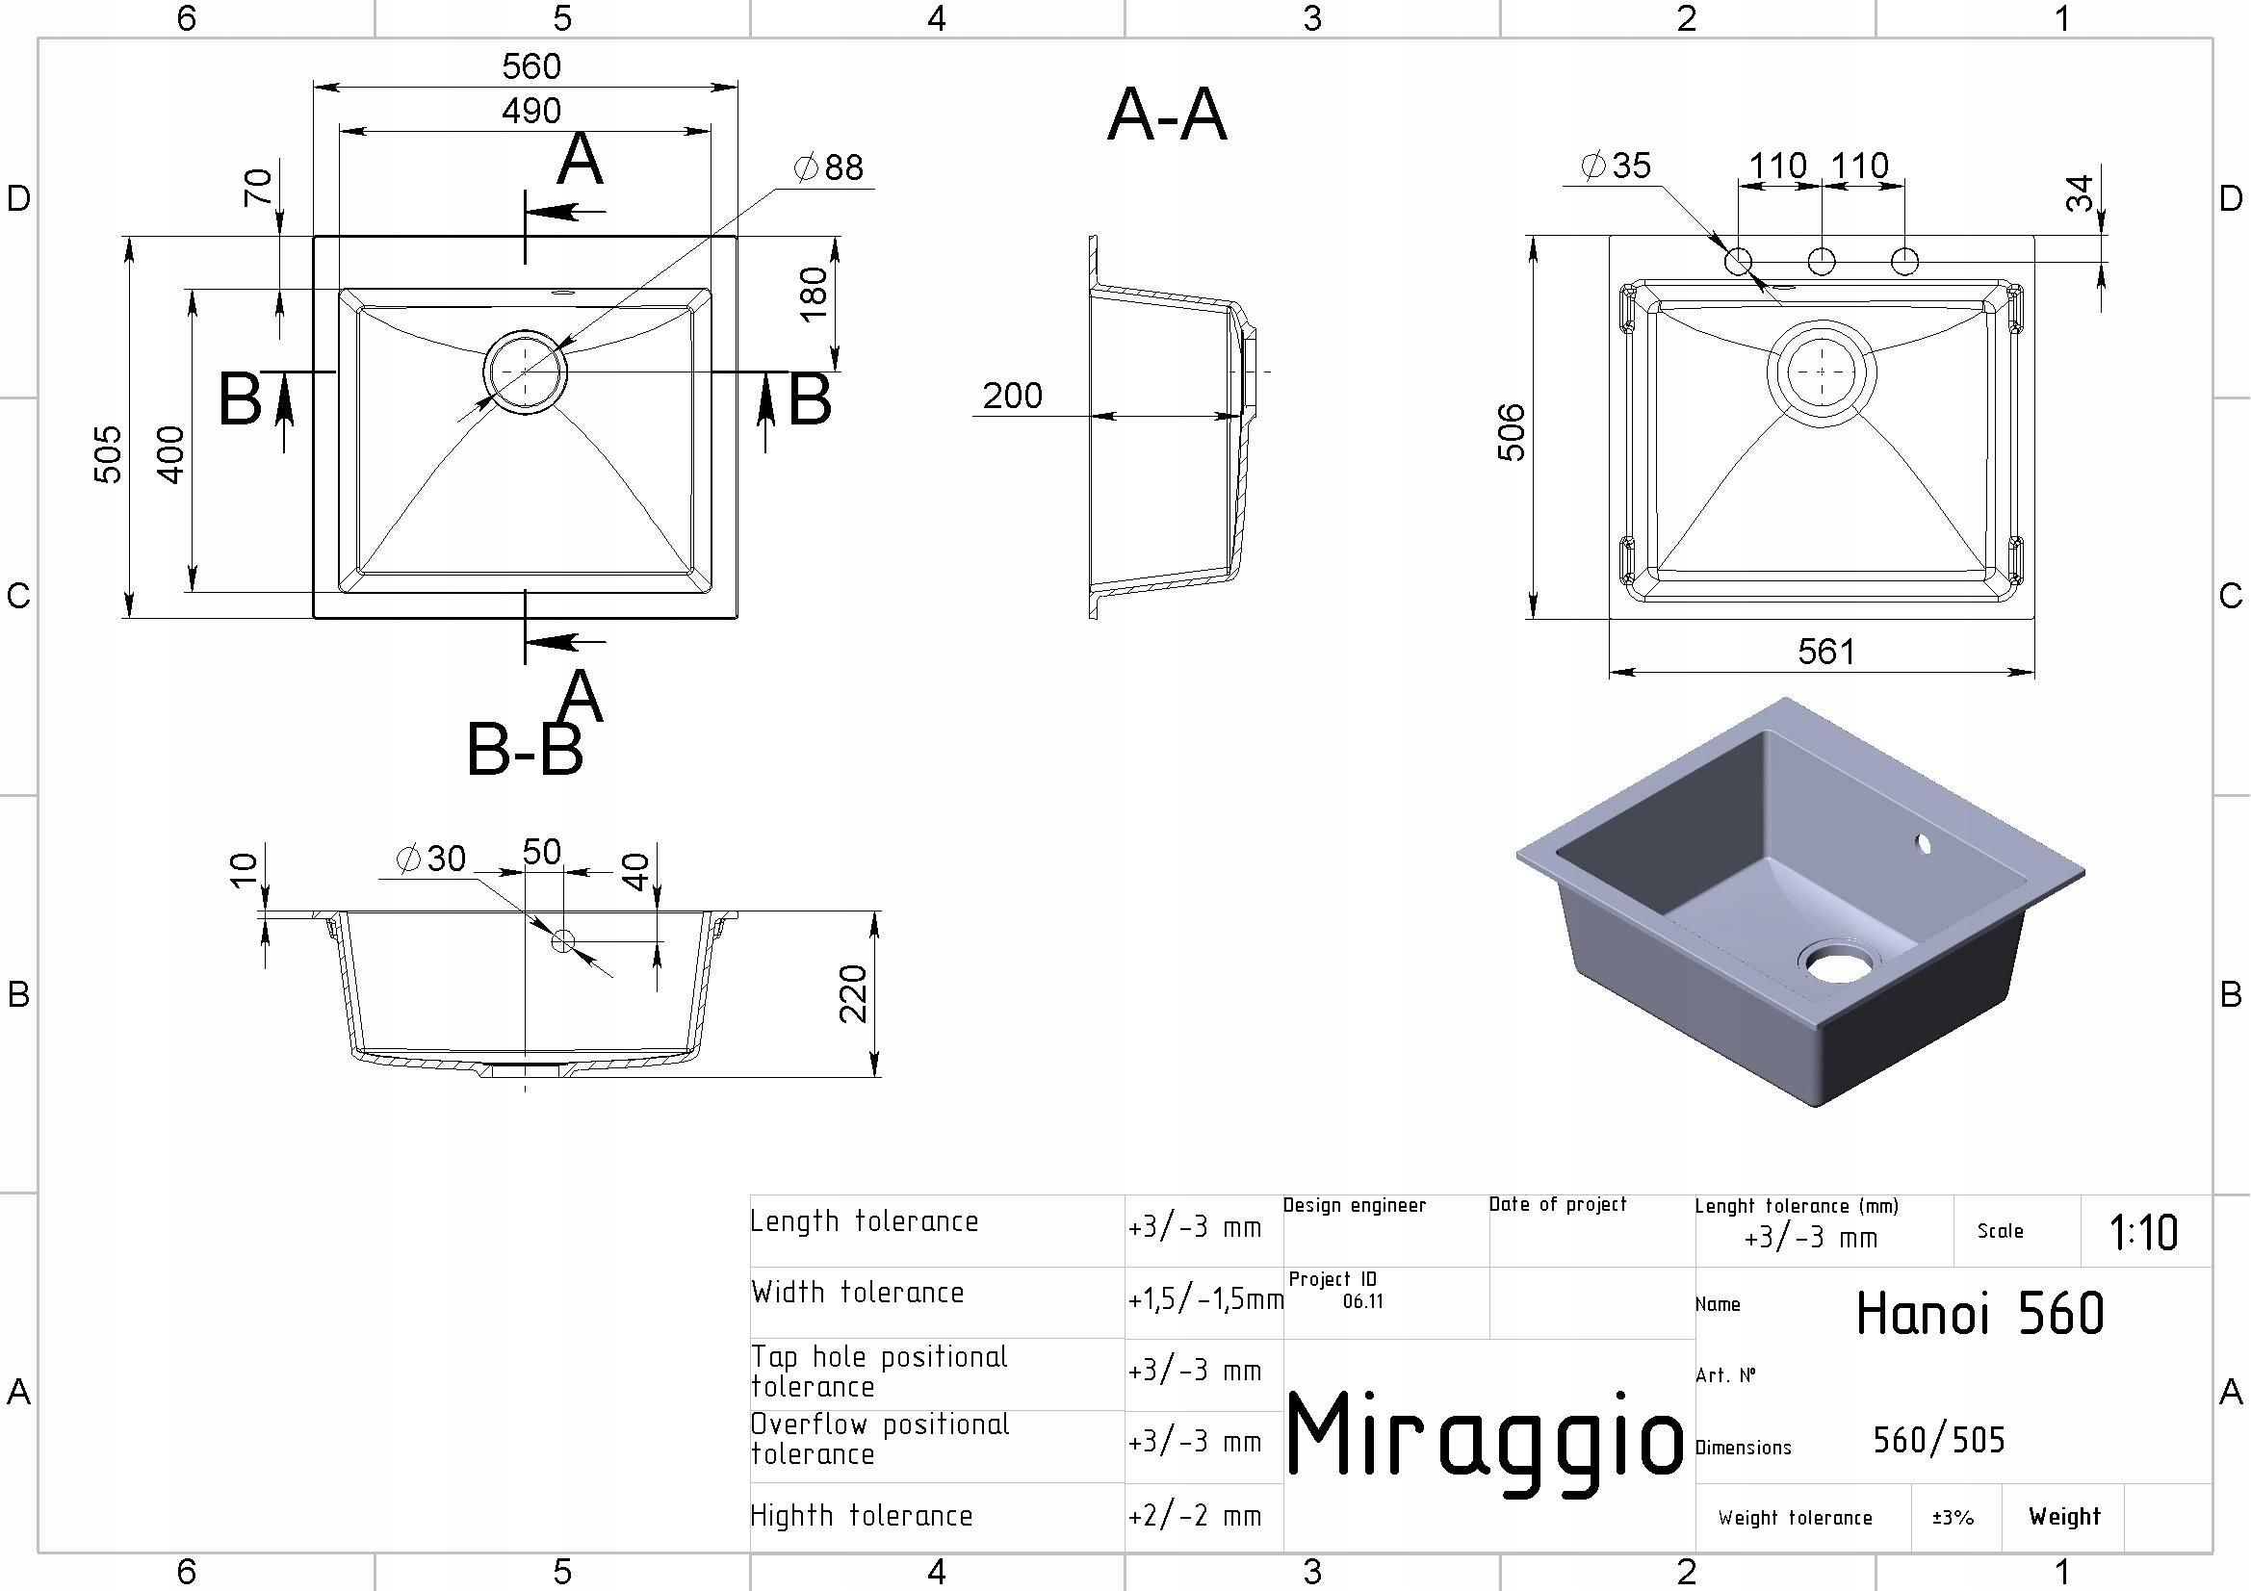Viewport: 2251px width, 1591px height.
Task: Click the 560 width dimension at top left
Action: click(x=531, y=66)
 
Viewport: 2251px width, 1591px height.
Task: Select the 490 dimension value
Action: click(x=531, y=111)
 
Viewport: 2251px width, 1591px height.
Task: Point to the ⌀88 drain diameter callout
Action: click(x=828, y=167)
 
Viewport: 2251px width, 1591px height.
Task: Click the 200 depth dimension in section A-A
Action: click(x=1012, y=396)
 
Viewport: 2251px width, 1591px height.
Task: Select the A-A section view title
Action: click(x=1167, y=115)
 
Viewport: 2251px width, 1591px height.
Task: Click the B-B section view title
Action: click(x=525, y=750)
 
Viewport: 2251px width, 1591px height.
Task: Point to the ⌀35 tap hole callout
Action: click(x=1617, y=165)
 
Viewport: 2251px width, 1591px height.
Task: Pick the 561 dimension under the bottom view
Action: click(x=1826, y=651)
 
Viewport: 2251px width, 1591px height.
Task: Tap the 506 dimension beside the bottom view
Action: click(x=1512, y=431)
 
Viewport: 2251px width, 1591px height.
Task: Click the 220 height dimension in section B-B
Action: click(x=854, y=993)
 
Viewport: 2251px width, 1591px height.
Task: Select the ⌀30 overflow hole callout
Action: click(x=430, y=859)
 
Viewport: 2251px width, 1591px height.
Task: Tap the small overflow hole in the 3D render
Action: click(x=1922, y=843)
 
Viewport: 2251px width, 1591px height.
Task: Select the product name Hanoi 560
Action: click(x=1980, y=1314)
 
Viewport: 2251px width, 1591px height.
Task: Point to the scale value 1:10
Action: click(x=2144, y=1232)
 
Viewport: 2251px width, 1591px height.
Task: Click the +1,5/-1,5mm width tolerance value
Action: click(x=1205, y=1300)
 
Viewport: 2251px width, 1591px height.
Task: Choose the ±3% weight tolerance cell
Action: click(x=1953, y=1518)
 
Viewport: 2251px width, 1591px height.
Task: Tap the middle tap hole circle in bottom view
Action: click(x=1822, y=262)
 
